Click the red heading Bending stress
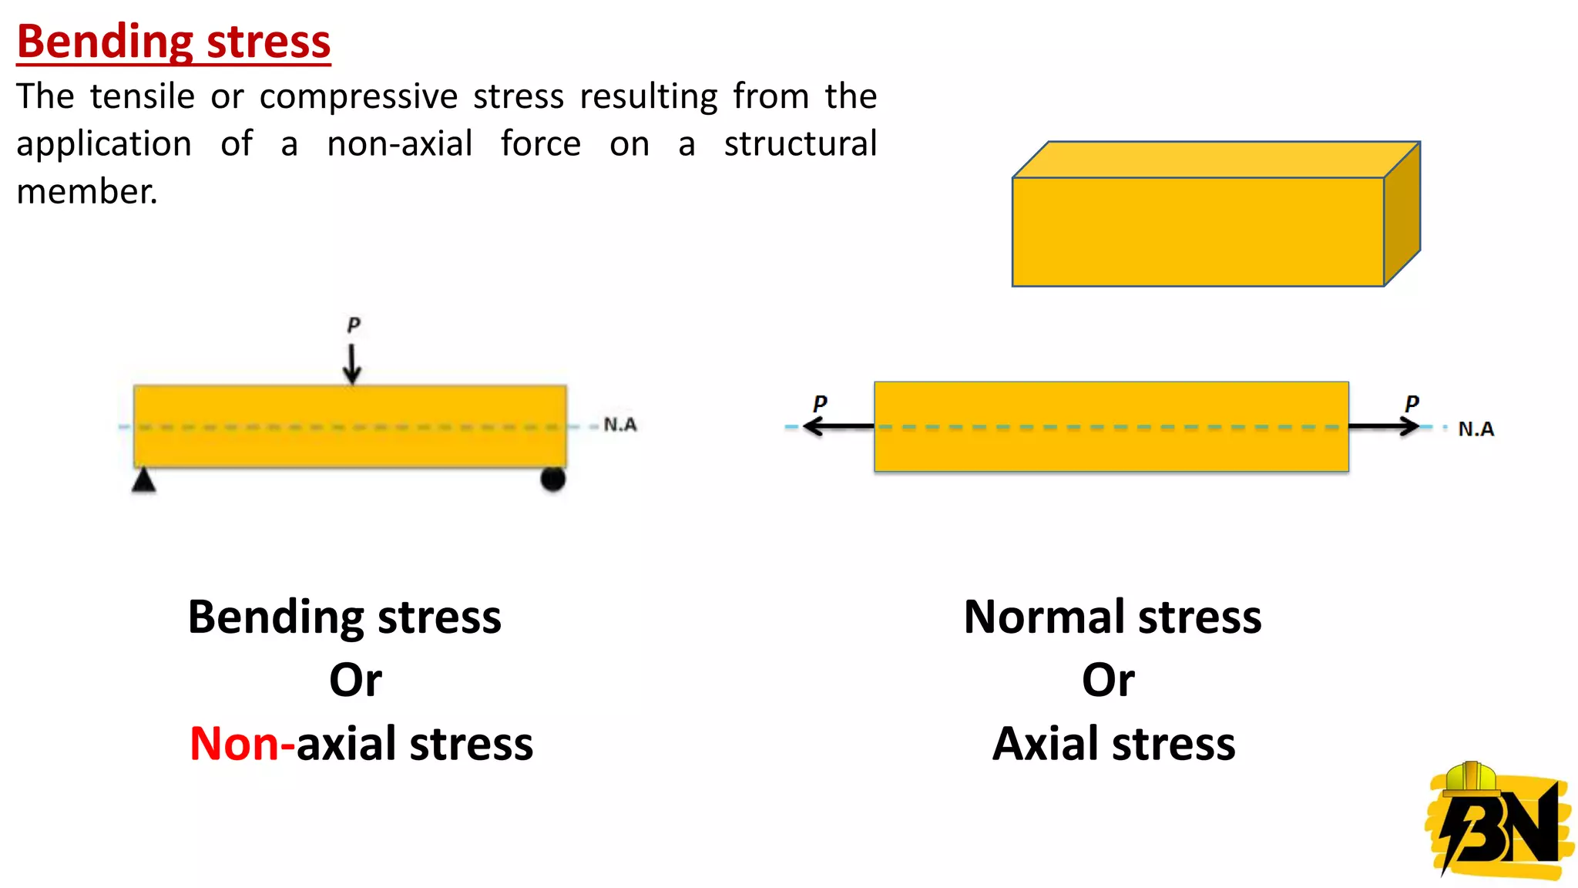pyautogui.click(x=173, y=42)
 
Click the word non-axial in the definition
pyautogui.click(x=399, y=144)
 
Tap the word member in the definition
pyautogui.click(x=86, y=192)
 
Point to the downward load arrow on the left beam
pyautogui.click(x=352, y=363)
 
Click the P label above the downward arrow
pyautogui.click(x=354, y=325)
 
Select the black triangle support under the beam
pyautogui.click(x=143, y=481)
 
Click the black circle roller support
pyautogui.click(x=552, y=479)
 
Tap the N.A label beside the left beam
pyautogui.click(x=620, y=425)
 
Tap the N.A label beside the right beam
pyautogui.click(x=1476, y=429)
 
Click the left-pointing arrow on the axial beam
pyautogui.click(x=837, y=425)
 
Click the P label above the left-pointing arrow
pyautogui.click(x=820, y=403)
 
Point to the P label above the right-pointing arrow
pyautogui.click(x=1412, y=403)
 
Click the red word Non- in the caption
pyautogui.click(x=241, y=744)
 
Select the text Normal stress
pyautogui.click(x=1112, y=617)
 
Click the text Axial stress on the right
pyautogui.click(x=1113, y=744)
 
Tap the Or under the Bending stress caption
pyautogui.click(x=355, y=681)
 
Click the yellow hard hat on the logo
pyautogui.click(x=1470, y=779)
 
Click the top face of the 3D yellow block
pyautogui.click(x=1216, y=160)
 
